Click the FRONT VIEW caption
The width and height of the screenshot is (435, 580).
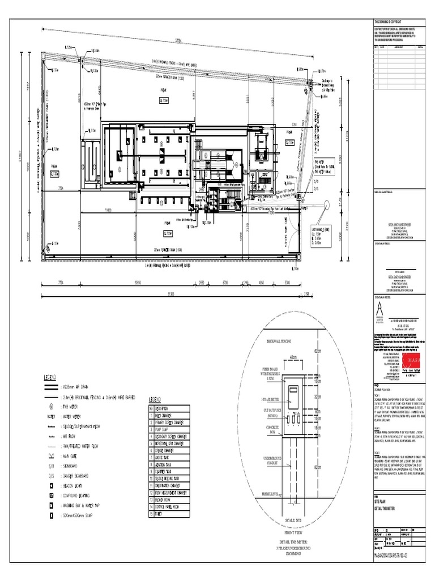293,533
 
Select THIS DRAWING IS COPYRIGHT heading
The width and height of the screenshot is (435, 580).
391,21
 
